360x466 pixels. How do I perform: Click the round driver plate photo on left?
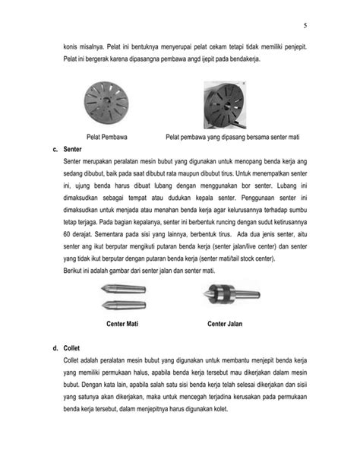105,105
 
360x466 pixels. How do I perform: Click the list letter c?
55,151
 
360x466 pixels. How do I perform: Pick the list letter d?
55,348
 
